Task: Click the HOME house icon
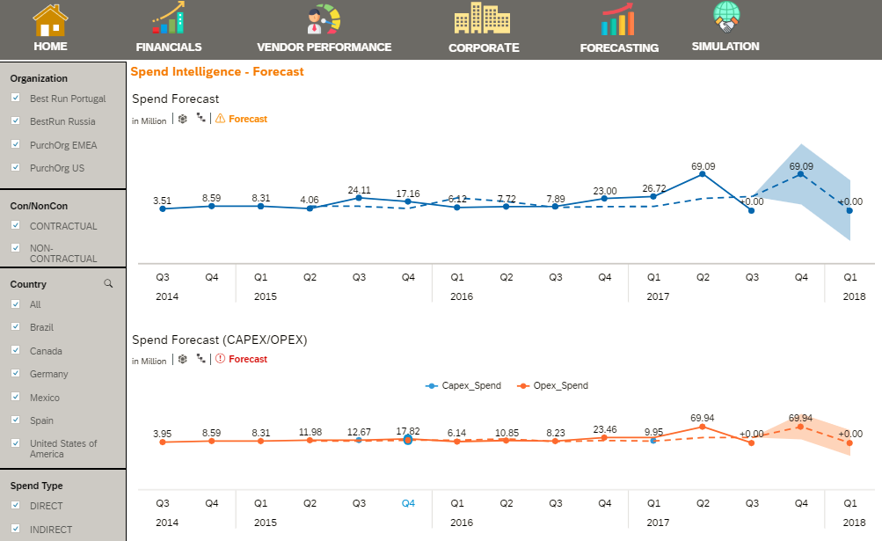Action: click(50, 19)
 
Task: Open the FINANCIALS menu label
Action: click(169, 48)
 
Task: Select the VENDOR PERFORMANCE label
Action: click(324, 48)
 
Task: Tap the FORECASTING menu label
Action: click(619, 48)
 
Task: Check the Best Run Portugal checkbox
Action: click(16, 99)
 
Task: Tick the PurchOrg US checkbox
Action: click(16, 167)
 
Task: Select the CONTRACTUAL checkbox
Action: click(16, 226)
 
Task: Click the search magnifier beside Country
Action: click(108, 284)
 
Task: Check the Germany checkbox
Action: click(16, 374)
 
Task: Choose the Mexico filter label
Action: click(45, 398)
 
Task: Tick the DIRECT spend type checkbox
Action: click(16, 506)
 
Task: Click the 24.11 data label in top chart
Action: click(359, 189)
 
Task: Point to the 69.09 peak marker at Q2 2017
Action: click(702, 174)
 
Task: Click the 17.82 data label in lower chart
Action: click(408, 431)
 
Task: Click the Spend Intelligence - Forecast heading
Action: click(217, 71)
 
